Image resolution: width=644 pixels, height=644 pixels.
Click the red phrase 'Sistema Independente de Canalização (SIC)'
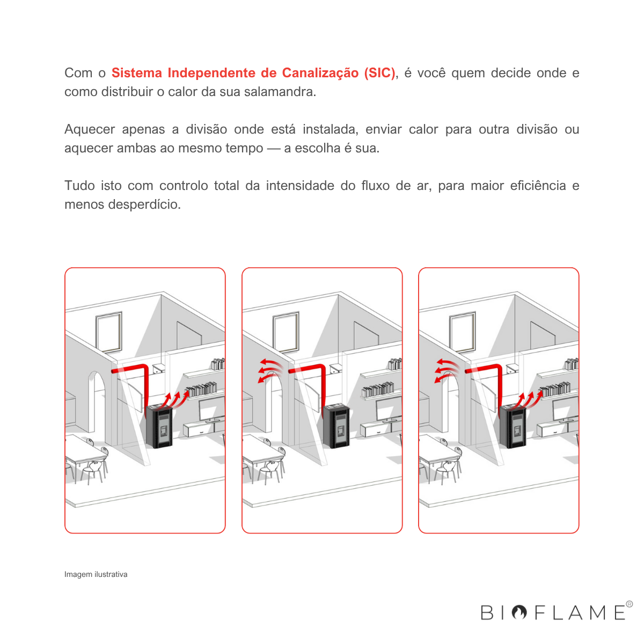pos(253,73)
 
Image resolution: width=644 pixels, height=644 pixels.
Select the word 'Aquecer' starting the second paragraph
pos(90,129)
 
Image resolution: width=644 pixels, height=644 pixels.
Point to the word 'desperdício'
pos(144,204)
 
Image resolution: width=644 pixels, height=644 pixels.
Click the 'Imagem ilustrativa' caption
pos(96,574)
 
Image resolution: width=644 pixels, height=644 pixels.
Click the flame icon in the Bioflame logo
pos(519,612)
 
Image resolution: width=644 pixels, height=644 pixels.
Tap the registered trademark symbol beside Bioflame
pos(630,604)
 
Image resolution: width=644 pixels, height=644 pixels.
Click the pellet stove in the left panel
pos(159,426)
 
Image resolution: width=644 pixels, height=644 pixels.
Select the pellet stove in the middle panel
pos(336,426)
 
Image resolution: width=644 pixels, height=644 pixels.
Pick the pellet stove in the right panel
pos(513,426)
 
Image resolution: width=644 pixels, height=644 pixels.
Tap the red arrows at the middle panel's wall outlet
pos(270,370)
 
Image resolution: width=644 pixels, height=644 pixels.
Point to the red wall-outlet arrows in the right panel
pos(447,370)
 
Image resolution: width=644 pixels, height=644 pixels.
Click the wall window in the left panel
pos(109,332)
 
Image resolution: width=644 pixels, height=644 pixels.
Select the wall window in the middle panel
pos(286,332)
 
